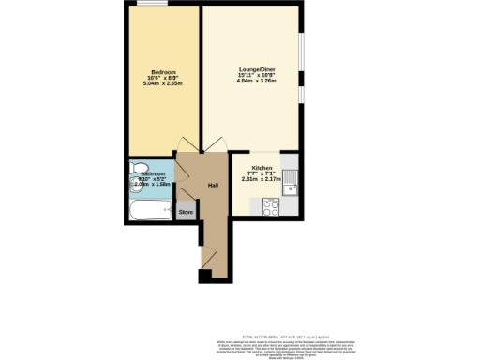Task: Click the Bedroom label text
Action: click(164, 73)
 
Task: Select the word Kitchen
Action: click(262, 168)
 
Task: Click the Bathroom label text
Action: click(153, 173)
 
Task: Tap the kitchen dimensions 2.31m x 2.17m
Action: click(262, 181)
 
